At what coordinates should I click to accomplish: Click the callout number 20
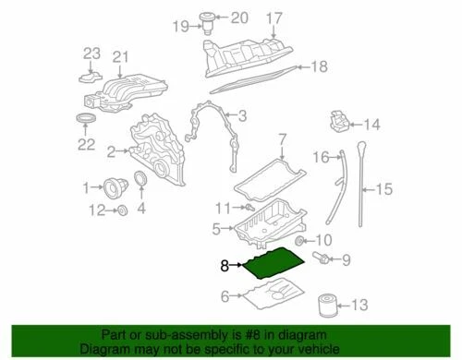click(239, 17)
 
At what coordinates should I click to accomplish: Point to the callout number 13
click(360, 305)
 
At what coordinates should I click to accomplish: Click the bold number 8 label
click(225, 264)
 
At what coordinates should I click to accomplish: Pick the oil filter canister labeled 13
click(323, 305)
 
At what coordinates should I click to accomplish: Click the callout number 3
click(242, 115)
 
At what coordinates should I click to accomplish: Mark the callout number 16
click(320, 157)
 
